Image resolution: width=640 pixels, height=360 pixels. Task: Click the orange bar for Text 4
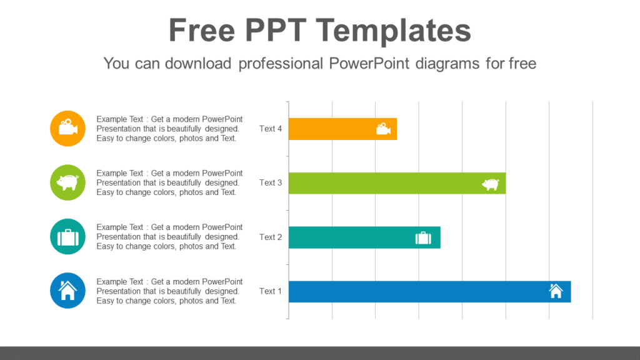tap(331, 129)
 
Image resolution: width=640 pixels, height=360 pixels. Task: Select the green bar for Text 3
tap(381, 183)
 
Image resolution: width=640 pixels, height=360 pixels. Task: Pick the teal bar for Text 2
tap(350, 237)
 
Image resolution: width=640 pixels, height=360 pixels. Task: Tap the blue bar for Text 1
tap(412, 292)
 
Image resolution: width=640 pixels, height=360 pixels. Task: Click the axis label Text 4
tap(271, 129)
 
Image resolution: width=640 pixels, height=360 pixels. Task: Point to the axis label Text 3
tap(271, 183)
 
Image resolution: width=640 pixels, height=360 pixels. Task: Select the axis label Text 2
tap(271, 237)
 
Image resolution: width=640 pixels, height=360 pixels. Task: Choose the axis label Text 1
tap(271, 291)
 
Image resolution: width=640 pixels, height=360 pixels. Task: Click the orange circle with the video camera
tap(67, 128)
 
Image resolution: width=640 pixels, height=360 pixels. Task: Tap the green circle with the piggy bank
tap(67, 182)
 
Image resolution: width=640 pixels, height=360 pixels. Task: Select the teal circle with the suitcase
tap(67, 237)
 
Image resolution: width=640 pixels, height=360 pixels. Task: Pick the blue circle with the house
tap(67, 291)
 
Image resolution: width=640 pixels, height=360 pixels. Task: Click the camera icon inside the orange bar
tap(383, 129)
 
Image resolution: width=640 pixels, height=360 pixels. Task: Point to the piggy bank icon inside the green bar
tap(491, 184)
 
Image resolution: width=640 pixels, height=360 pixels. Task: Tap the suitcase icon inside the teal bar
tap(423, 237)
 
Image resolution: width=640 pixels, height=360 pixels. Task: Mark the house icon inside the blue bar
tap(556, 291)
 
